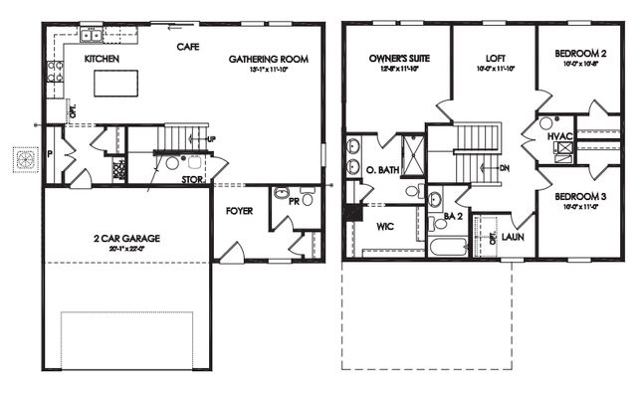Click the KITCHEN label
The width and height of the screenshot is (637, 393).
pyautogui.click(x=102, y=60)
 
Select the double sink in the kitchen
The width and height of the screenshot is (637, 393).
pyautogui.click(x=94, y=37)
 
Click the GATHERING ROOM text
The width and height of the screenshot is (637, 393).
pyautogui.click(x=268, y=60)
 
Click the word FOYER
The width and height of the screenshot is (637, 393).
pyautogui.click(x=239, y=210)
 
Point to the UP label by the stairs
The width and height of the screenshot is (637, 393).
pyautogui.click(x=211, y=138)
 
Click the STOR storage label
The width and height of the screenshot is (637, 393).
pyautogui.click(x=194, y=180)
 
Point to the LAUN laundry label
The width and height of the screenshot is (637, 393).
pyautogui.click(x=513, y=238)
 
